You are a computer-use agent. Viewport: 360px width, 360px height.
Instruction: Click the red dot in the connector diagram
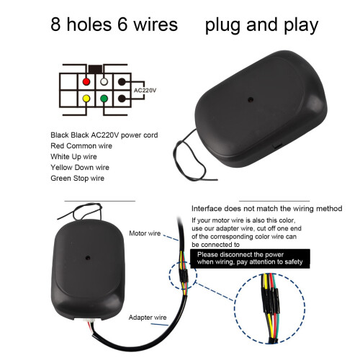(x=86, y=81)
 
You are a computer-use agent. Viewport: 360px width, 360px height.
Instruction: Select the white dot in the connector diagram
(x=104, y=81)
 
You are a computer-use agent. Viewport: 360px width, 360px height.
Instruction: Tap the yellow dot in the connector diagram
(x=86, y=99)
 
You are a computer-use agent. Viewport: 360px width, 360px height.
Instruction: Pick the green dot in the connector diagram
(x=104, y=99)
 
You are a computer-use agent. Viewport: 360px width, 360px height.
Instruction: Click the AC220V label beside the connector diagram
(x=145, y=91)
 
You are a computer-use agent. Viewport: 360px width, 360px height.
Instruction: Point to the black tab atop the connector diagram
(x=95, y=69)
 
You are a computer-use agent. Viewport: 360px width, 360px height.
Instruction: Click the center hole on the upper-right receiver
(x=251, y=99)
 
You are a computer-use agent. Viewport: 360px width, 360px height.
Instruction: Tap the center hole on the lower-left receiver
(x=88, y=258)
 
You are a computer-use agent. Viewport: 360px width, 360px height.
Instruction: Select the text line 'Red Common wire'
(x=81, y=145)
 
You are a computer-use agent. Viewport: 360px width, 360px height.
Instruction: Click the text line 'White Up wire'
(x=73, y=156)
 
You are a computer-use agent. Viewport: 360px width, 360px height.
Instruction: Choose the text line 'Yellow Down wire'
(x=80, y=167)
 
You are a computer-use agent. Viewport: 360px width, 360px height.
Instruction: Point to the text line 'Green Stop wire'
(x=78, y=178)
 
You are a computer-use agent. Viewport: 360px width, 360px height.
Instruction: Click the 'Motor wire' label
(x=145, y=233)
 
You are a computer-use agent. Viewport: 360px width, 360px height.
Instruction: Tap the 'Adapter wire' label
(x=148, y=318)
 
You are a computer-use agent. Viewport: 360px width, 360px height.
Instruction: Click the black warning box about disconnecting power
(x=250, y=258)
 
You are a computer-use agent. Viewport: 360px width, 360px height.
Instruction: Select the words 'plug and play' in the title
(x=261, y=25)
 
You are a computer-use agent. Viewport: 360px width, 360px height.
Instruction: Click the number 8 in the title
(x=55, y=24)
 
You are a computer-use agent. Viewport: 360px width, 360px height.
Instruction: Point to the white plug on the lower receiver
(x=88, y=320)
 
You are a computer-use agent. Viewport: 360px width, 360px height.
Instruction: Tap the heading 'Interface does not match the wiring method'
(x=267, y=209)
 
